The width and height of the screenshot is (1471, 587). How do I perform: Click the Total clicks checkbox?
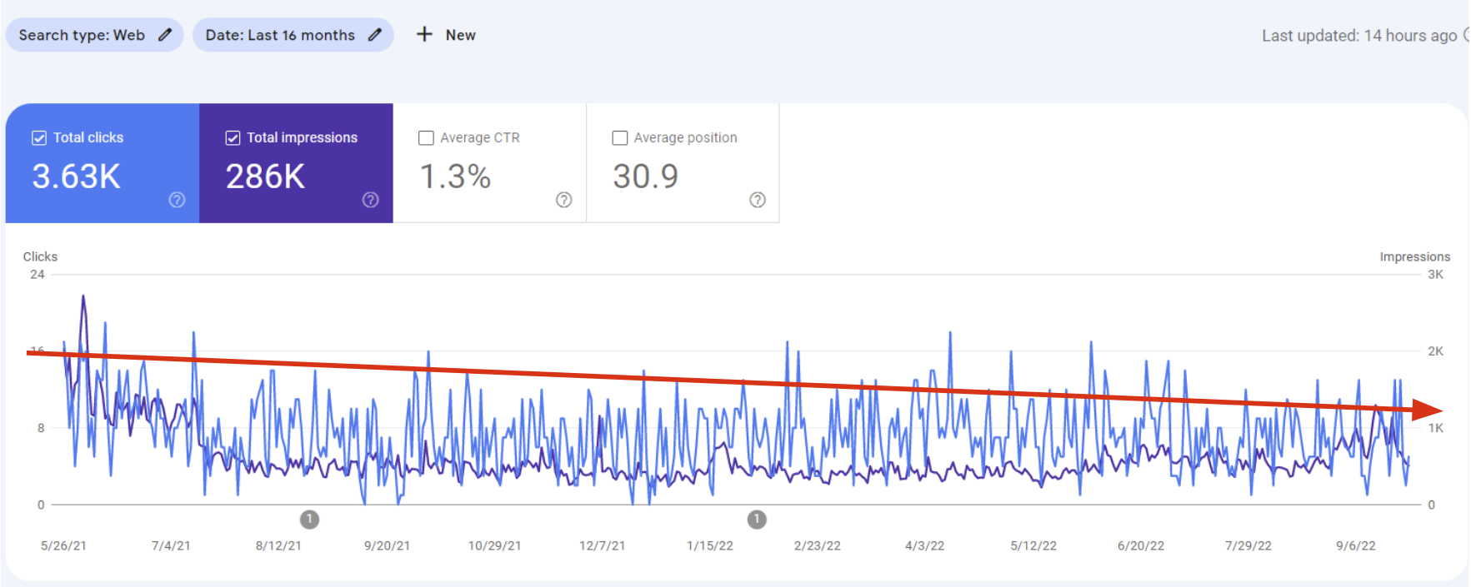point(39,138)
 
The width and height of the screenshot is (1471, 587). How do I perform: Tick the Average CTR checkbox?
point(426,138)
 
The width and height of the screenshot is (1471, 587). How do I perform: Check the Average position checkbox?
point(619,138)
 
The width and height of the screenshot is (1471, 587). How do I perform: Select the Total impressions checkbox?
point(233,138)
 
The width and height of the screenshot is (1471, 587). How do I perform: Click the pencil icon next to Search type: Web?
point(165,35)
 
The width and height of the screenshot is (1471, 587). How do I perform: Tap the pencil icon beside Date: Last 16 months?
point(375,35)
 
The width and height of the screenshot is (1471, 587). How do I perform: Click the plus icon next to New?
point(424,34)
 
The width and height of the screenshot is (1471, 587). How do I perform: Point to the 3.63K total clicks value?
point(76,177)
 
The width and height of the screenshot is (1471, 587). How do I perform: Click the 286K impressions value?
point(265,177)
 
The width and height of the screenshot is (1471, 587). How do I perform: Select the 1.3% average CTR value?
point(455,177)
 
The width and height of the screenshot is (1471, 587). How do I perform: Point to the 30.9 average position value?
point(645,177)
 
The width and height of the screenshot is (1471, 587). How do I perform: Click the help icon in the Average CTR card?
point(564,200)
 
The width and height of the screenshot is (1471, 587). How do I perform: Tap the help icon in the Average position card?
point(758,200)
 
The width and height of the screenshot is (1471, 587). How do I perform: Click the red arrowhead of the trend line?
point(1428,410)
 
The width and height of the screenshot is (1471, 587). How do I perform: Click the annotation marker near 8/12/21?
point(309,520)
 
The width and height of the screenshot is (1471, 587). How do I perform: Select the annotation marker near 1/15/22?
point(757,520)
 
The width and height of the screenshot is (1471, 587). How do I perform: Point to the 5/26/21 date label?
point(63,546)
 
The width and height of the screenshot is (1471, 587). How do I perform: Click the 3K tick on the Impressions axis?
point(1435,275)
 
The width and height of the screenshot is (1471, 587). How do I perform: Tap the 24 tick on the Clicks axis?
point(38,275)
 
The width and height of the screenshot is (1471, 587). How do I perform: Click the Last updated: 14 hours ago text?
point(1359,36)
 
